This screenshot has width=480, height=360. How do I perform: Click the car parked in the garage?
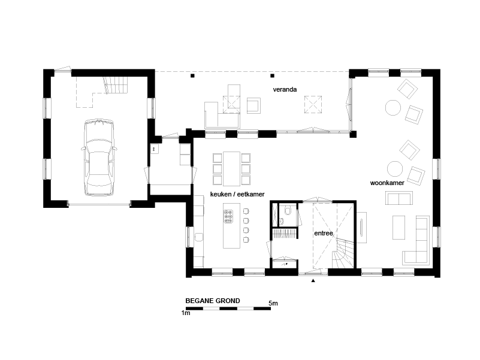(x=99, y=158)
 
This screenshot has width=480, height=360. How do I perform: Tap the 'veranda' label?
(x=285, y=89)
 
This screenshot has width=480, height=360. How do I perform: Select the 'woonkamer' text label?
(x=387, y=183)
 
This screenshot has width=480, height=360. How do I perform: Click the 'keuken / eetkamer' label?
(x=237, y=194)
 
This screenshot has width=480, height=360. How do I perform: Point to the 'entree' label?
(x=323, y=233)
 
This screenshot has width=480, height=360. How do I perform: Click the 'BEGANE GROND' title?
(x=213, y=301)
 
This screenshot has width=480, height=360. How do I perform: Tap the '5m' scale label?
(x=273, y=303)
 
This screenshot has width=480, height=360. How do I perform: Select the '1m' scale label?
(x=186, y=313)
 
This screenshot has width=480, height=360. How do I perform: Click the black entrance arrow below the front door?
(x=313, y=280)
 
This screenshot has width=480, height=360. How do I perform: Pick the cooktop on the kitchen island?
(x=228, y=216)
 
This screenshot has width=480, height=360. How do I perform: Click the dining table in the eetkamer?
(x=231, y=169)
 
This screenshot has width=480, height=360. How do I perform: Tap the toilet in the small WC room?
(x=288, y=211)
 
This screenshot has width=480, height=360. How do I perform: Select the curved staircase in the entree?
(x=343, y=253)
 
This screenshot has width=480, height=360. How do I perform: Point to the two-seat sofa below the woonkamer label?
(x=399, y=198)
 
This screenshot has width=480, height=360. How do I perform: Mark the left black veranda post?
(x=192, y=75)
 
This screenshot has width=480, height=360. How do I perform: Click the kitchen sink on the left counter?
(x=199, y=237)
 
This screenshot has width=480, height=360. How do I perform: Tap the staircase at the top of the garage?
(x=116, y=85)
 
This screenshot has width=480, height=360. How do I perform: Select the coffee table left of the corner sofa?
(x=399, y=228)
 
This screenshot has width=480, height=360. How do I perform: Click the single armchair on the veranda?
(x=253, y=105)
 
